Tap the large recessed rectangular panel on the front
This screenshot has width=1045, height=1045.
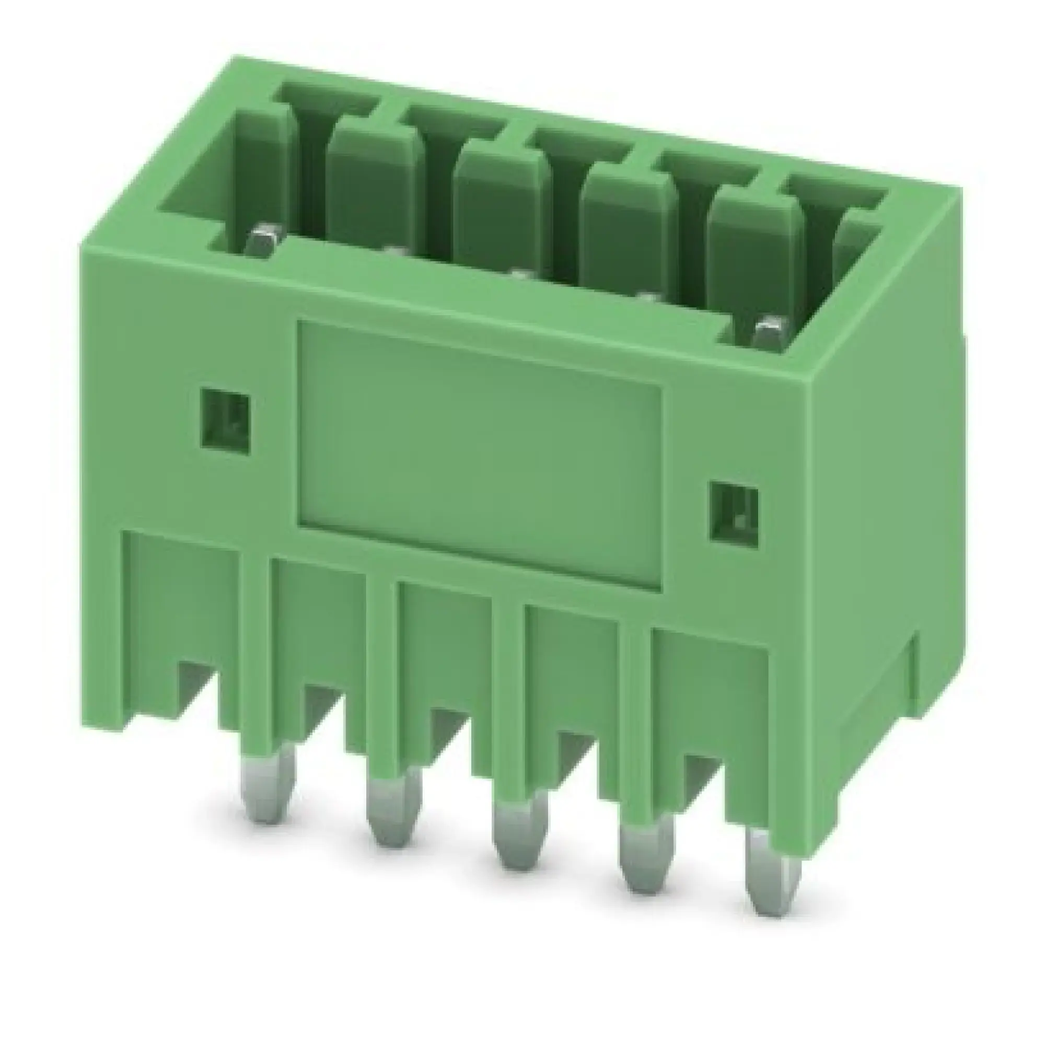click(x=479, y=455)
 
